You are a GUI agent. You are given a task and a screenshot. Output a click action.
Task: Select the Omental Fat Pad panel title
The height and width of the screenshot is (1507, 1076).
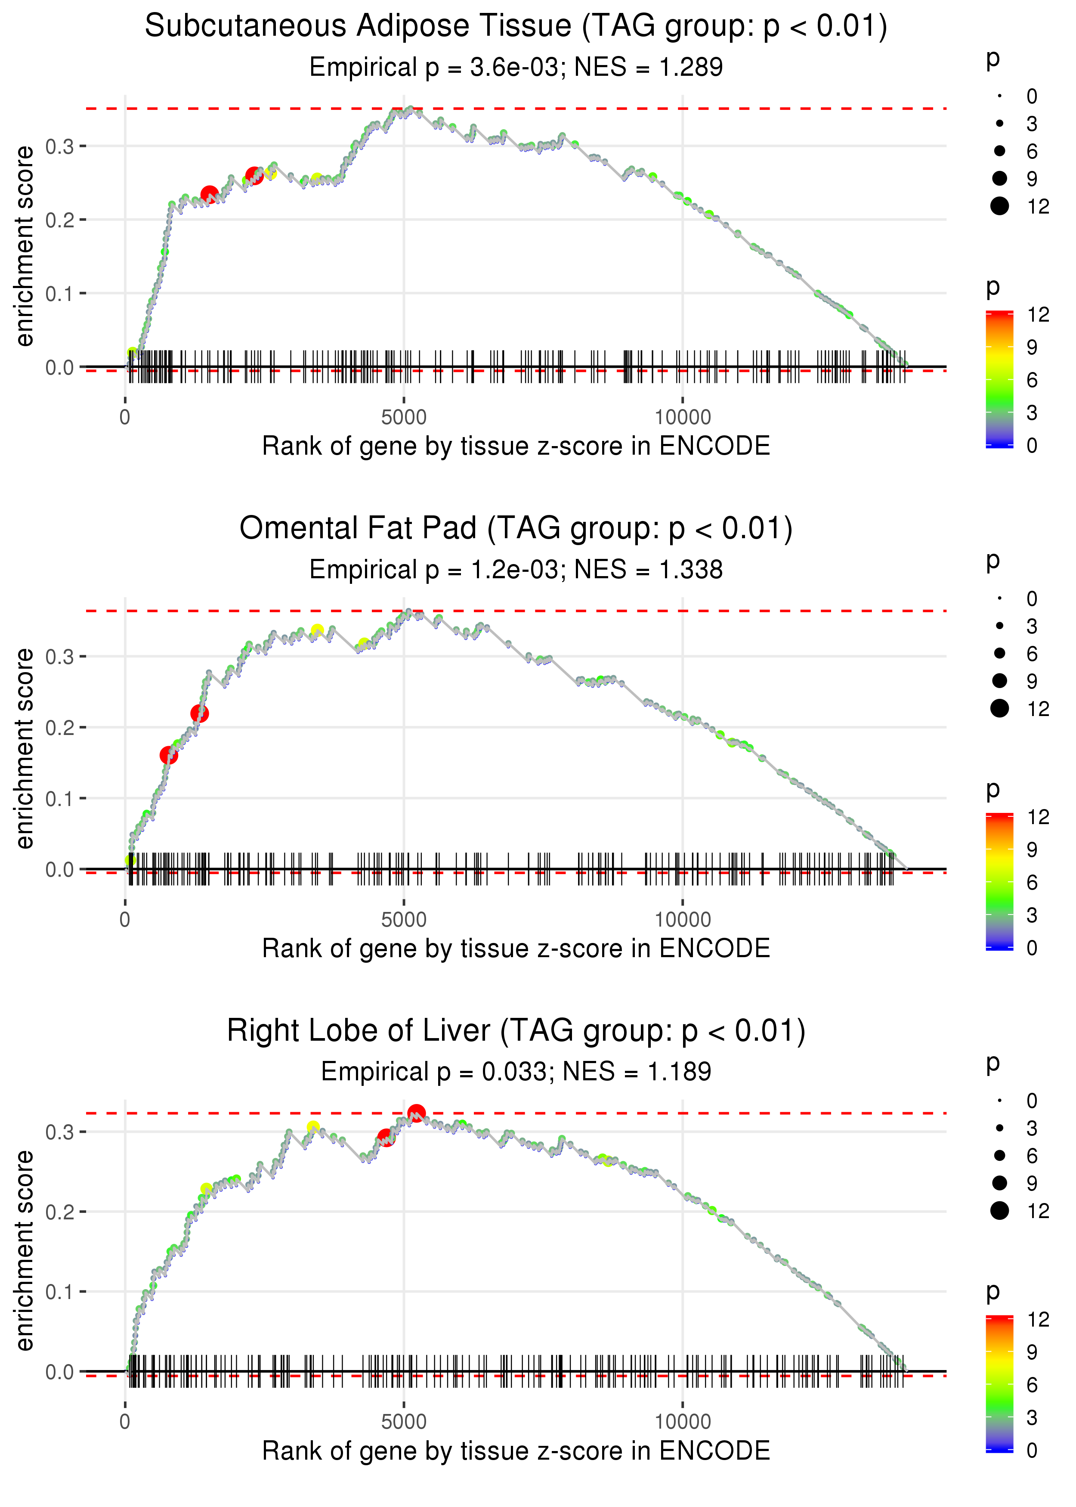coord(516,529)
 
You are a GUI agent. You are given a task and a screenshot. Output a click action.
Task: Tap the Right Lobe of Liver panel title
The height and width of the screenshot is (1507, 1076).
coord(516,1031)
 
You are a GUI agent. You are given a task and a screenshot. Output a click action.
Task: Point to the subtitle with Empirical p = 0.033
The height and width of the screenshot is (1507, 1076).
coord(516,1072)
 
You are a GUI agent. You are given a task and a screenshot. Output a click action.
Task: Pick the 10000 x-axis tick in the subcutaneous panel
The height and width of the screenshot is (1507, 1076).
coord(683,418)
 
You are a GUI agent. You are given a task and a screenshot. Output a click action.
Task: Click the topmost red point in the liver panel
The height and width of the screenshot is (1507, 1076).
coord(416,1113)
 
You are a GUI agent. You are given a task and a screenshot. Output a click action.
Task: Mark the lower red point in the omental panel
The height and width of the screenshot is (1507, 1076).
coord(169,756)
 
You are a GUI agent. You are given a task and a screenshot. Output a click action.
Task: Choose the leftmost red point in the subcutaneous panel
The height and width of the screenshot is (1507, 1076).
coord(209,194)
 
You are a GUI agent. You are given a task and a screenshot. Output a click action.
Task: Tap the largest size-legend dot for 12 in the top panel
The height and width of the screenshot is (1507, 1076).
coord(1000,206)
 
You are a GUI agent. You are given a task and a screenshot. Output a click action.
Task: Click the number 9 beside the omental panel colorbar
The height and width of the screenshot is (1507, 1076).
coord(1032,850)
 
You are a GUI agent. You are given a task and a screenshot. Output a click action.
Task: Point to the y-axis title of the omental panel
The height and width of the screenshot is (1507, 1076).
coord(25,749)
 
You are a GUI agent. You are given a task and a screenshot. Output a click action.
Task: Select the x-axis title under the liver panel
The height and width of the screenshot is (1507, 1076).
coord(516,1451)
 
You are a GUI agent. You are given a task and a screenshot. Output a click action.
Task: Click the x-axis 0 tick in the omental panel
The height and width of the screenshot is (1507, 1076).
coord(125,920)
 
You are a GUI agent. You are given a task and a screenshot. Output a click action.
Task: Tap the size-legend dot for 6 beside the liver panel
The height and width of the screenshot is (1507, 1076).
coord(1000,1155)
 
